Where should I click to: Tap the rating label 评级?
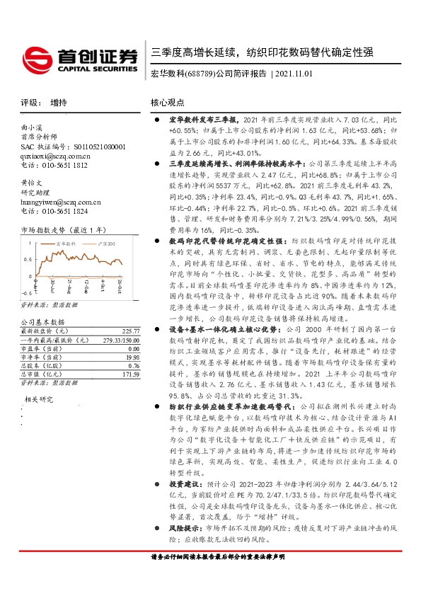click(x=29, y=103)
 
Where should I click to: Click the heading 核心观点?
click(x=167, y=103)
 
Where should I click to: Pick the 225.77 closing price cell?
click(x=131, y=331)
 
